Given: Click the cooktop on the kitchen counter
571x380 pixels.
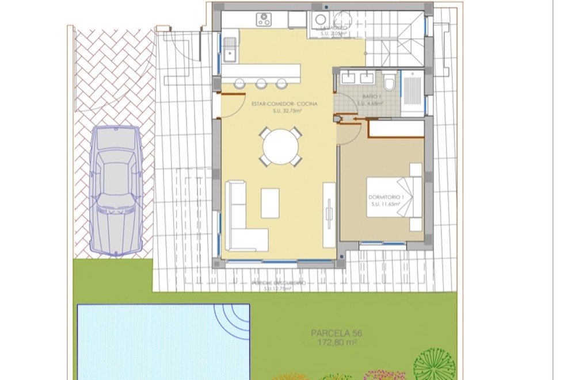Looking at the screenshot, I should pyautogui.click(x=264, y=20).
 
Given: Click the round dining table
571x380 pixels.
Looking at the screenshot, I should pyautogui.click(x=280, y=147).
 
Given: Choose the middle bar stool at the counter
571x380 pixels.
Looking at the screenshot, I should pyautogui.click(x=261, y=84).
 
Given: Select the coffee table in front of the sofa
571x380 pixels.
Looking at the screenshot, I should pyautogui.click(x=270, y=203).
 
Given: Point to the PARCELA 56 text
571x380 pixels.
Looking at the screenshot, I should pyautogui.click(x=337, y=333).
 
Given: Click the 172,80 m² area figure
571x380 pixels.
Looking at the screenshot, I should pyautogui.click(x=337, y=343).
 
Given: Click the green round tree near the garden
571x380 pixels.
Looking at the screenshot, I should pyautogui.click(x=435, y=366).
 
